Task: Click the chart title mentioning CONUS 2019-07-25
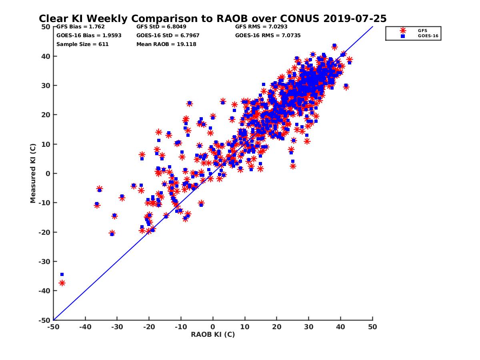click(x=212, y=18)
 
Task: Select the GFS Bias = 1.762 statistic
click(x=75, y=27)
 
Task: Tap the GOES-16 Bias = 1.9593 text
click(x=89, y=36)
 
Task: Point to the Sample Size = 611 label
click(x=82, y=44)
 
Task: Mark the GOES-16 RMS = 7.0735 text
click(x=268, y=36)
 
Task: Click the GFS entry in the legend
click(x=422, y=30)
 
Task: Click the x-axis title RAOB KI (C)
click(x=213, y=334)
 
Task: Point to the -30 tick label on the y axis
click(x=44, y=262)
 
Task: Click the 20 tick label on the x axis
click(x=277, y=327)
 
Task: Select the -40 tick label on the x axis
click(x=85, y=327)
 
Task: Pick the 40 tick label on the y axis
click(x=46, y=56)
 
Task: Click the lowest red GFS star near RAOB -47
click(x=62, y=283)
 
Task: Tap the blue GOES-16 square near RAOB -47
click(x=62, y=274)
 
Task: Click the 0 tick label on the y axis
click(x=48, y=174)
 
